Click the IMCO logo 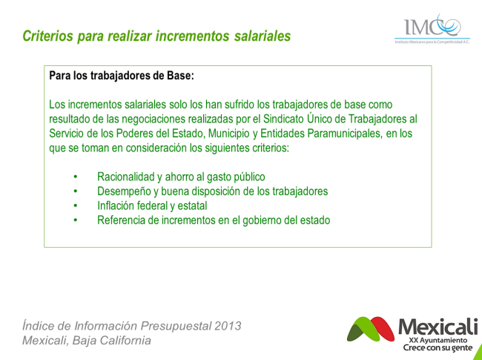tap(432, 29)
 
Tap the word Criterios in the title tap(48, 36)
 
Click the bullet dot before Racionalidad tap(76, 177)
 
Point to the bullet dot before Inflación tap(76, 206)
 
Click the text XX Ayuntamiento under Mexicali tap(438, 341)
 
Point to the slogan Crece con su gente tap(438, 348)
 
